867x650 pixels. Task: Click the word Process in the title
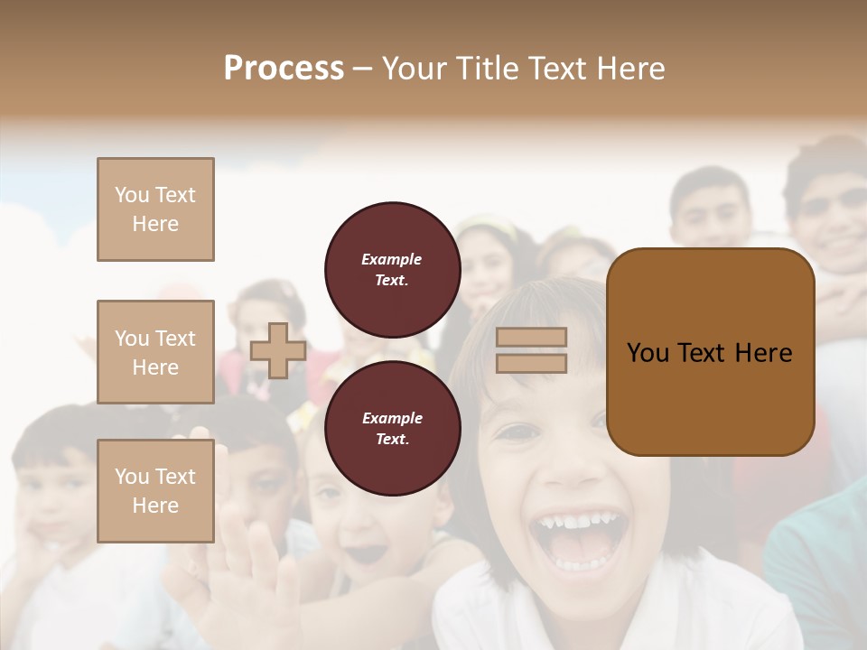(x=284, y=68)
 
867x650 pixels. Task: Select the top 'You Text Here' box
(x=155, y=209)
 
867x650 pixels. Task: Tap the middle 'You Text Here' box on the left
(x=155, y=352)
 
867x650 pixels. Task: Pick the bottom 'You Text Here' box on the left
(x=155, y=491)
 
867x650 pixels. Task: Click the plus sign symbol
(x=278, y=350)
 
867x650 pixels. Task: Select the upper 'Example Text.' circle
(x=392, y=270)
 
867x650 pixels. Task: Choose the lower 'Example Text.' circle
(x=392, y=429)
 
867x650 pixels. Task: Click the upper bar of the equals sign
(x=531, y=337)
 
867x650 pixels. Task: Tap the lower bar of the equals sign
(x=531, y=364)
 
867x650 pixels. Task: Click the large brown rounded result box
(x=710, y=352)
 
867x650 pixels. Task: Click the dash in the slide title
(x=363, y=69)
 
